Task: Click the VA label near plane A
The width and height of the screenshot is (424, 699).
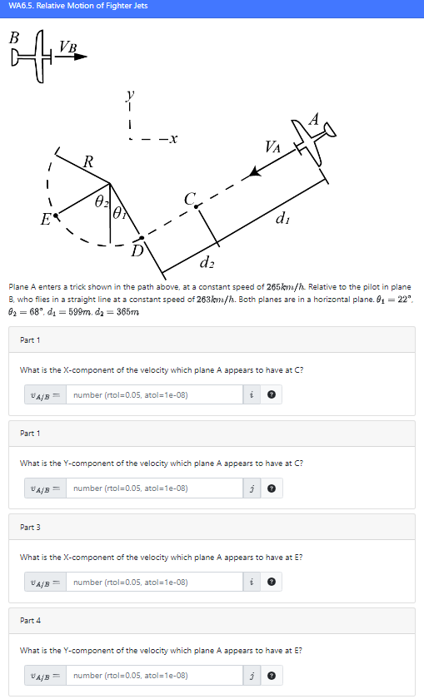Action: [x=272, y=147]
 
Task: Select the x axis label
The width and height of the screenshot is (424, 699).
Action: [x=172, y=139]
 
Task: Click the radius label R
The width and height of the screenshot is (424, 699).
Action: [x=88, y=160]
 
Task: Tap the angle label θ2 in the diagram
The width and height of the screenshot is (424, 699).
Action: [x=100, y=201]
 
